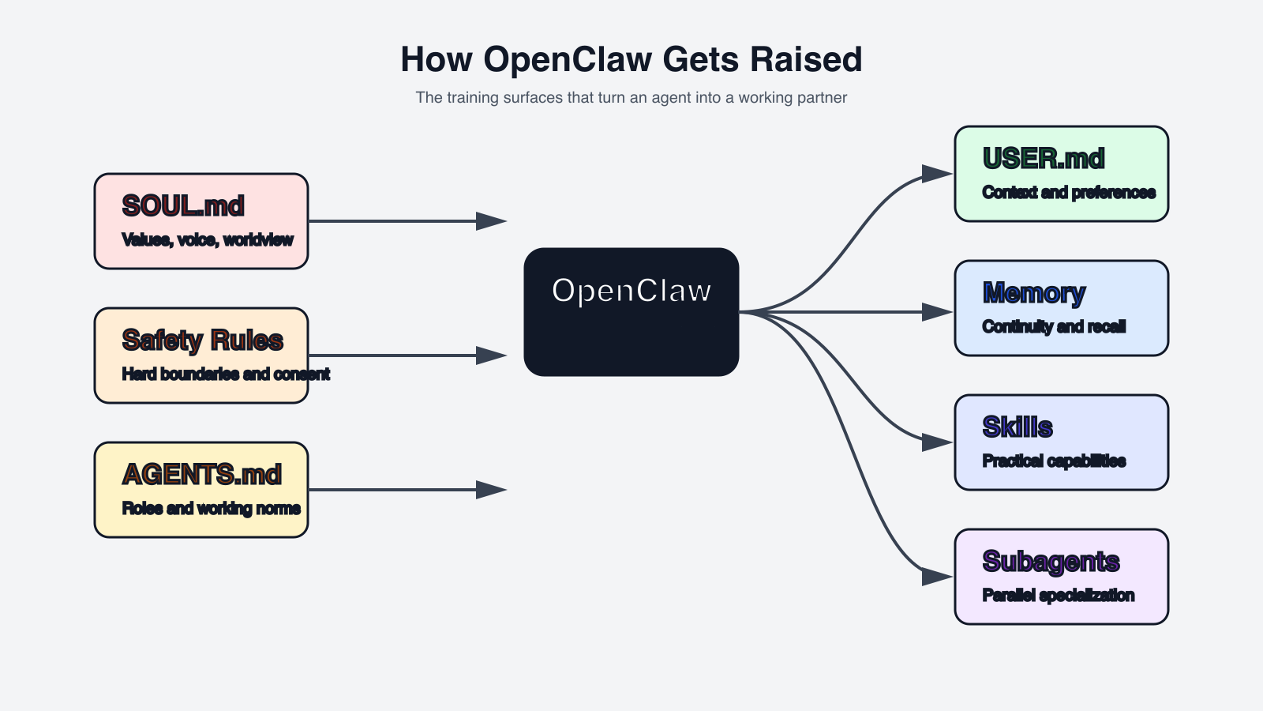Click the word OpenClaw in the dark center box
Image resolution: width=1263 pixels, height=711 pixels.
click(x=631, y=291)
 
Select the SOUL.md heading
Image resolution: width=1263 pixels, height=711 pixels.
click(x=183, y=206)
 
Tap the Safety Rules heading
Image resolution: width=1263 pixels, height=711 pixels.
click(x=202, y=340)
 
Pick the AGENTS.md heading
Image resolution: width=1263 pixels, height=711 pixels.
click(x=202, y=475)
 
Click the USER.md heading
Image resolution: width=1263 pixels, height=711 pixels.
click(x=1044, y=159)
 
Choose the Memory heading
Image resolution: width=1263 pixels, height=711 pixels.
click(x=1034, y=293)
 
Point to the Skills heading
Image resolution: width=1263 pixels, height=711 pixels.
click(x=1018, y=427)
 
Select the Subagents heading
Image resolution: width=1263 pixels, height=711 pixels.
click(x=1051, y=562)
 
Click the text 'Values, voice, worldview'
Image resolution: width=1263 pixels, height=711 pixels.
click(x=208, y=240)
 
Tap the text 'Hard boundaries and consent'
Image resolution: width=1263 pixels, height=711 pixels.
click(x=226, y=374)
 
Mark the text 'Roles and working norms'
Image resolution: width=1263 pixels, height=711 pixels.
click(x=212, y=509)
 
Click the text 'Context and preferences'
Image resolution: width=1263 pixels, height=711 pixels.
click(x=1069, y=193)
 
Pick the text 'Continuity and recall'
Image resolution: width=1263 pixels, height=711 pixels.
click(x=1054, y=327)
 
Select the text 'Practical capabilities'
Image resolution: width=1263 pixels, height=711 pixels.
click(x=1054, y=461)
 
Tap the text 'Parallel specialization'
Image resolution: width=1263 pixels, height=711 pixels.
click(x=1059, y=596)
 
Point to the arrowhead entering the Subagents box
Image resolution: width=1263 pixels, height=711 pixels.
click(x=937, y=577)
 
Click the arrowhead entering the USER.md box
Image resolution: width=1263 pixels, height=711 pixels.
click(x=937, y=174)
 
